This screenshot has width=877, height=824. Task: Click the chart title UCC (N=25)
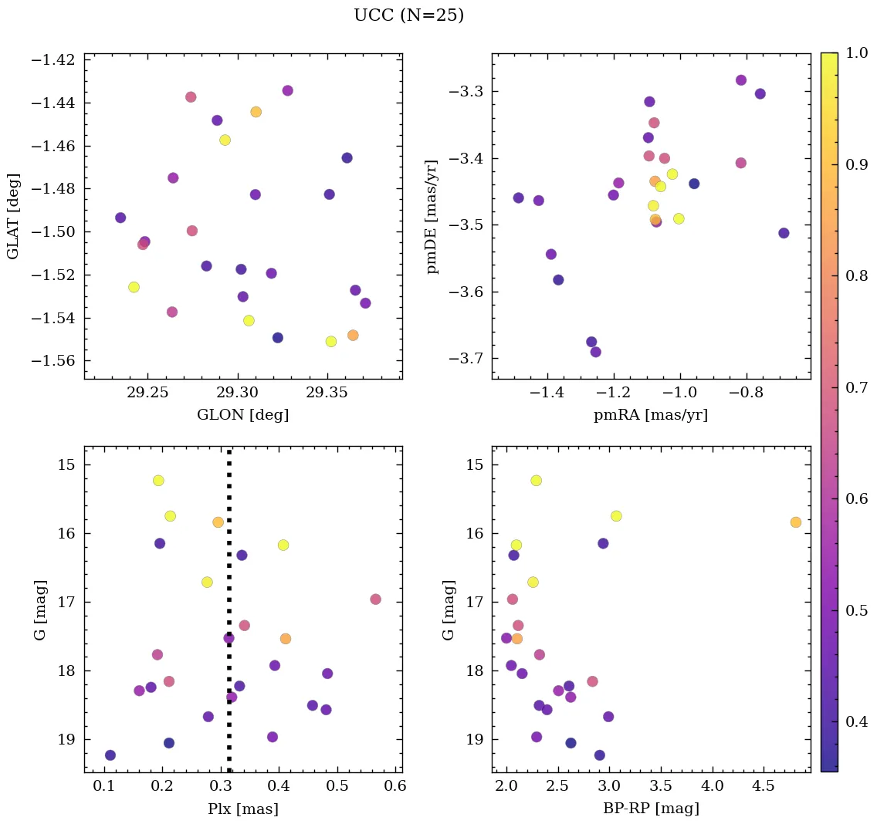tap(408, 15)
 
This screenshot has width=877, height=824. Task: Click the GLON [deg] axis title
tap(243, 415)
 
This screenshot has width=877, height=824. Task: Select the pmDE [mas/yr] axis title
tap(432, 217)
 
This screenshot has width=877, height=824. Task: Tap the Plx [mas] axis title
tap(243, 809)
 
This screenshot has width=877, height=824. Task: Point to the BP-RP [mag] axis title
tap(651, 809)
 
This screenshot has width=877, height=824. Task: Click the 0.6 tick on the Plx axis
tap(396, 788)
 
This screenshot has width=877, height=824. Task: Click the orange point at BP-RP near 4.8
tap(796, 522)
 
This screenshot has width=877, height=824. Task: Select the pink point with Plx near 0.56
tap(376, 599)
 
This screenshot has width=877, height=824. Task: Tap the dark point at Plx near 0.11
tap(110, 755)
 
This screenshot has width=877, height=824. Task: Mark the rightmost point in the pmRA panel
tap(784, 233)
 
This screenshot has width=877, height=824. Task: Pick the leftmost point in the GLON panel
tap(120, 218)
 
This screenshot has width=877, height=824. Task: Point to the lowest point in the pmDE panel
tap(596, 352)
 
